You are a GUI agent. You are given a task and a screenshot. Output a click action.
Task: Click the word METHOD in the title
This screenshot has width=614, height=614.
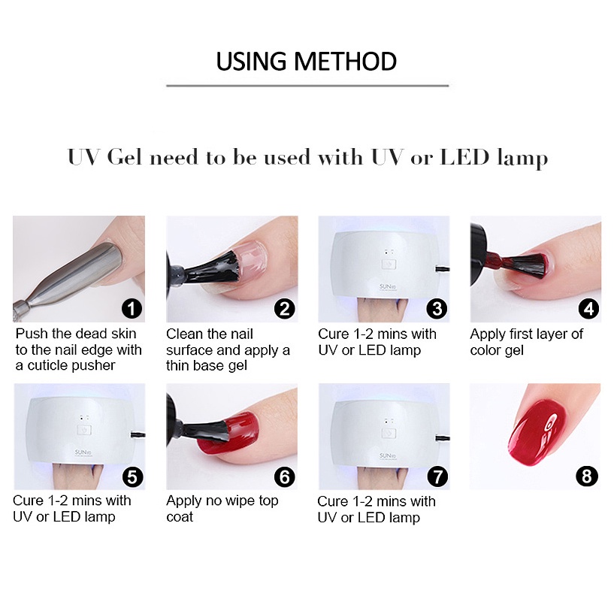[346, 62]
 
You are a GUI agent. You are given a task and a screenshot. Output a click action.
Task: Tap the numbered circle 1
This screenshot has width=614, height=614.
[132, 309]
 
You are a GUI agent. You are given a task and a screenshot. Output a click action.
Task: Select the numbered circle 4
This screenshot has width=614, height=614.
[589, 309]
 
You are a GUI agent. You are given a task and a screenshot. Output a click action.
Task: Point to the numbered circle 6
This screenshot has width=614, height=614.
[285, 477]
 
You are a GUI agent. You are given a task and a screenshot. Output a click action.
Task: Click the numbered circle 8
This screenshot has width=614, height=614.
[587, 476]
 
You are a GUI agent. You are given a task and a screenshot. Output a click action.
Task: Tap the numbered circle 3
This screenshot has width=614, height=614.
[437, 309]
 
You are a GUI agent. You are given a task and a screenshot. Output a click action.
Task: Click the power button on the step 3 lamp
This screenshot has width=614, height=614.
[389, 265]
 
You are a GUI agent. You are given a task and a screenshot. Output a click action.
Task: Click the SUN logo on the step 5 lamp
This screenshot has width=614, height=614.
[82, 452]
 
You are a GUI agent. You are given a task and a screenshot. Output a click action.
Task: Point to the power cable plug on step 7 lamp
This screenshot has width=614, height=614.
[443, 437]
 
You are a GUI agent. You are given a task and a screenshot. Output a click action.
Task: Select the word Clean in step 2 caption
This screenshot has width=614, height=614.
[183, 334]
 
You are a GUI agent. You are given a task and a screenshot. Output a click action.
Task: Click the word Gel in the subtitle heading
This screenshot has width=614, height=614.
[124, 157]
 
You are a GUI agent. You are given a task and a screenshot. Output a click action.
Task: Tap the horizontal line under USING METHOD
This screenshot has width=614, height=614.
[307, 85]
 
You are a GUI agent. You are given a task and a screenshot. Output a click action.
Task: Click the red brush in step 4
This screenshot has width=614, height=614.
[523, 264]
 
